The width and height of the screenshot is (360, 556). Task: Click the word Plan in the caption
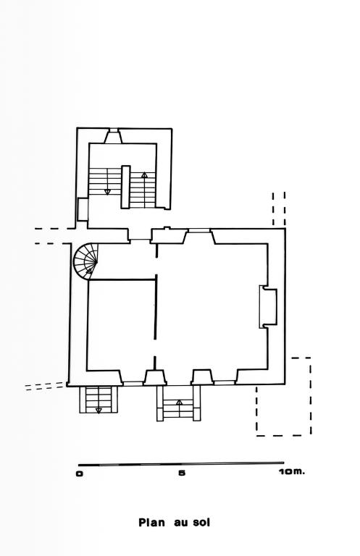click(151, 523)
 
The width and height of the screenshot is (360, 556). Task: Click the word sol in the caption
click(201, 523)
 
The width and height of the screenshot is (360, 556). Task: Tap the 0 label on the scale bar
click(80, 473)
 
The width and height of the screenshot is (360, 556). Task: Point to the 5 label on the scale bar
click(182, 473)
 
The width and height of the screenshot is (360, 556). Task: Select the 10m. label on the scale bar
click(291, 472)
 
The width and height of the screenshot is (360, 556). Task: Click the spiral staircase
click(85, 261)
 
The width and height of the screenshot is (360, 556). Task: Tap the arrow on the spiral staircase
click(89, 271)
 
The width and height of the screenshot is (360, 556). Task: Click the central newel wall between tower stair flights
click(125, 187)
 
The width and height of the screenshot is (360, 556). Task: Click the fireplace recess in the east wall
click(268, 307)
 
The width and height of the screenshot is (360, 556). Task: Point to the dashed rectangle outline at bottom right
click(284, 397)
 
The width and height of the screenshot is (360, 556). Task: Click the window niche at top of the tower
click(113, 136)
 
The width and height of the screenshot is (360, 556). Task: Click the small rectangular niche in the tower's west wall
click(83, 209)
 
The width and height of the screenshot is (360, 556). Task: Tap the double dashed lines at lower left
click(46, 386)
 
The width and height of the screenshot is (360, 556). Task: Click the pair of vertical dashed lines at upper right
click(279, 208)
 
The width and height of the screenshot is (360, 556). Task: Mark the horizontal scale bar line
click(181, 464)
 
